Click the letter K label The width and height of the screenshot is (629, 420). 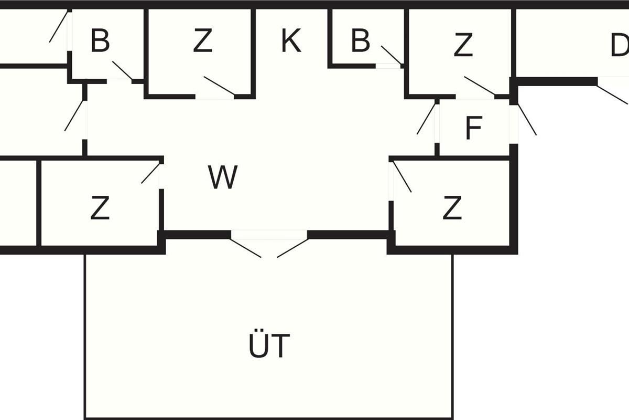coord(291,41)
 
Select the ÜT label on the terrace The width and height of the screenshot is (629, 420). coord(268,345)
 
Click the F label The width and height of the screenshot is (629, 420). coord(473,129)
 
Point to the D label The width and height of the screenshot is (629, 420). coord(620,47)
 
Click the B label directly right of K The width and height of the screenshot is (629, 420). coord(361,41)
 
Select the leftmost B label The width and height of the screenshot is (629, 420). coord(100,41)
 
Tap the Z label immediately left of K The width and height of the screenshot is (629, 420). coord(202,42)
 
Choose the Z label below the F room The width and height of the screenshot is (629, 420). coord(452,208)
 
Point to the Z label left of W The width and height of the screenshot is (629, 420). coord(100,208)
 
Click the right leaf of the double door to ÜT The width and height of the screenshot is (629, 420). coord(292,248)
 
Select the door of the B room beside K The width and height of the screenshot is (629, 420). coord(391,55)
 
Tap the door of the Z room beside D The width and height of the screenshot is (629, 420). coord(479,86)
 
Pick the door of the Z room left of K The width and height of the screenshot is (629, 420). coord(219,86)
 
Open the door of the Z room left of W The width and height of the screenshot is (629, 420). coord(150,174)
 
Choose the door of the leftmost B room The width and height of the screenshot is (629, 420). coord(122,70)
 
